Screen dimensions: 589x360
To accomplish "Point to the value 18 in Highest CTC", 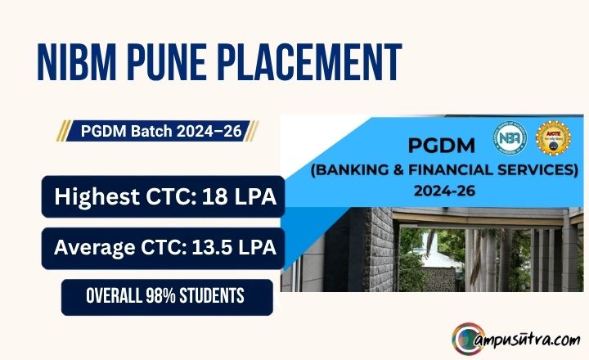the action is [x=215, y=196].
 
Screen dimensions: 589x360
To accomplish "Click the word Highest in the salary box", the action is [x=97, y=196].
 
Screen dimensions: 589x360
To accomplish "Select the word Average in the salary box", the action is [x=95, y=248].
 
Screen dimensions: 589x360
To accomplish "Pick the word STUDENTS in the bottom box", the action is [x=212, y=296].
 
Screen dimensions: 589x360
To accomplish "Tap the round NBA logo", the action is [x=510, y=138].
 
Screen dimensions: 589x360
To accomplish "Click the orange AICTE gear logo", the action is [x=553, y=138].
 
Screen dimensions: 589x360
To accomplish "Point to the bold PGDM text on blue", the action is [x=442, y=146].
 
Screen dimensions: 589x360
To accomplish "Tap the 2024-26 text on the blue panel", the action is [x=444, y=191].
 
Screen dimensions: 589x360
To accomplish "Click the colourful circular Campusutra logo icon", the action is [x=469, y=339].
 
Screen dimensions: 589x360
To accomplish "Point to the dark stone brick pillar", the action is [x=380, y=250].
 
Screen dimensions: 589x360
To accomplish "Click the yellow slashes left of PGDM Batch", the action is [x=64, y=130].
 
